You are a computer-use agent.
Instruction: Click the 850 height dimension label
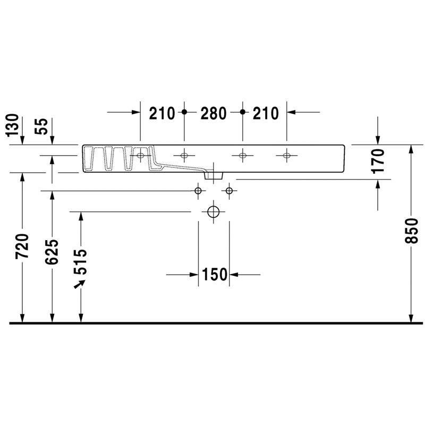pyautogui.click(x=411, y=231)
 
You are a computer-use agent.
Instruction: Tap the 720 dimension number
pyautogui.click(x=22, y=246)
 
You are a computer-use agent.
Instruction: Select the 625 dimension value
pyautogui.click(x=52, y=251)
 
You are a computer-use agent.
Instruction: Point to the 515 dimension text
pyautogui.click(x=81, y=262)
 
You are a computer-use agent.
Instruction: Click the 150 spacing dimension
pyautogui.click(x=214, y=275)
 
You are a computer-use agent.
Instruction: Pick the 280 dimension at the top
pyautogui.click(x=214, y=113)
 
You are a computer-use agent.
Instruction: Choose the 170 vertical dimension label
pyautogui.click(x=378, y=161)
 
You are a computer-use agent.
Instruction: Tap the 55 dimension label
pyautogui.click(x=41, y=126)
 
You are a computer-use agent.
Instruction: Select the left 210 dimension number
pyautogui.click(x=162, y=113)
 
